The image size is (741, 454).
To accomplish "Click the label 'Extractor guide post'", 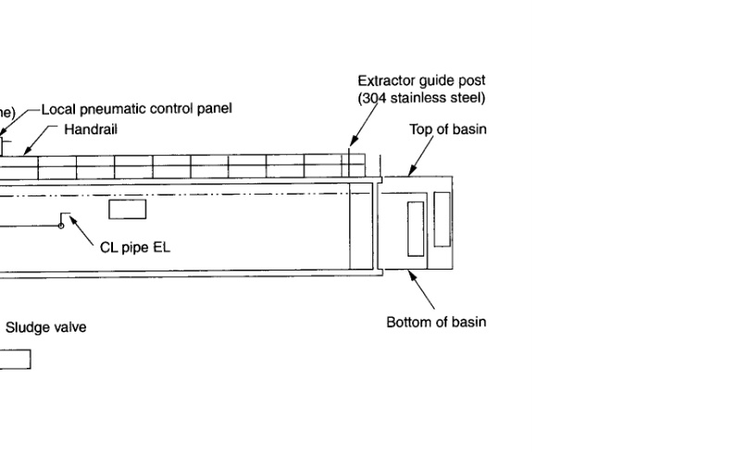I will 421,82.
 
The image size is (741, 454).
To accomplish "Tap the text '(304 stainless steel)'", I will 421,98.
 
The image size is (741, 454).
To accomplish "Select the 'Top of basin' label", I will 448,129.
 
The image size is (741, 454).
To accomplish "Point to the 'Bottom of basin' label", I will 436,322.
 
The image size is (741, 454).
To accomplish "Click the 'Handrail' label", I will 91,131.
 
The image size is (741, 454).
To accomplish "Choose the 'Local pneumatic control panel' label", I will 136,109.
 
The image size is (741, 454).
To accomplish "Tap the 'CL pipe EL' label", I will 135,248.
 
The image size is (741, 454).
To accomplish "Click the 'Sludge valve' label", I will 46,327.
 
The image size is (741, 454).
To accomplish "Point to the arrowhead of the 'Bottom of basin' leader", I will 411,272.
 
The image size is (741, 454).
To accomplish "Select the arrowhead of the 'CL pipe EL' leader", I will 69,218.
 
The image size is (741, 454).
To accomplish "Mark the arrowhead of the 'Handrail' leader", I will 25,154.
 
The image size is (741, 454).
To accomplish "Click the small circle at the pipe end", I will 61,226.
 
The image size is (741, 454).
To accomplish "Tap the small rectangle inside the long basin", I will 128,208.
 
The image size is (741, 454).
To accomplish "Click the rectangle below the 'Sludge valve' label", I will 14,359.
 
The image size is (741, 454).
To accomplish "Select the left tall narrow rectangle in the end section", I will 415,228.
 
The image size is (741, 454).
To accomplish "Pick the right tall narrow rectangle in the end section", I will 442,219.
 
